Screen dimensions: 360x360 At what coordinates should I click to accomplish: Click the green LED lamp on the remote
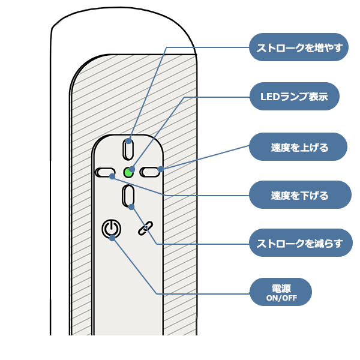(128, 173)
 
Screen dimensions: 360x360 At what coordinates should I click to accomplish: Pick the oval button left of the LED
(104, 173)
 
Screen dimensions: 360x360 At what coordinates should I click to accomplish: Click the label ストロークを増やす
(299, 49)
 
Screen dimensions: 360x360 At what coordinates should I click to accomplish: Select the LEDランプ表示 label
(294, 97)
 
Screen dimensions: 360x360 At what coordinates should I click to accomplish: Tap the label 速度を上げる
(299, 148)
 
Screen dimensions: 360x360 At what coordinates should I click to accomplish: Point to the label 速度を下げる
(299, 196)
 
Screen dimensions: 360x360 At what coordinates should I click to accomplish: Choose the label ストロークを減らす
(299, 244)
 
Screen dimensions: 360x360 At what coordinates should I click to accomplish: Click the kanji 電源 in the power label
(281, 289)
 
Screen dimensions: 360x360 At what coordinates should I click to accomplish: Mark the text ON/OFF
(281, 298)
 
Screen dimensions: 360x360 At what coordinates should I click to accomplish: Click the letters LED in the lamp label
(268, 97)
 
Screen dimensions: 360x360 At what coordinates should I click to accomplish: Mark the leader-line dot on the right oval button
(161, 169)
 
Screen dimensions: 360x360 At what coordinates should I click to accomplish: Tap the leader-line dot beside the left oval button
(113, 176)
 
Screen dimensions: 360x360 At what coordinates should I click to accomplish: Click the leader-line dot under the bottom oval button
(132, 207)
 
